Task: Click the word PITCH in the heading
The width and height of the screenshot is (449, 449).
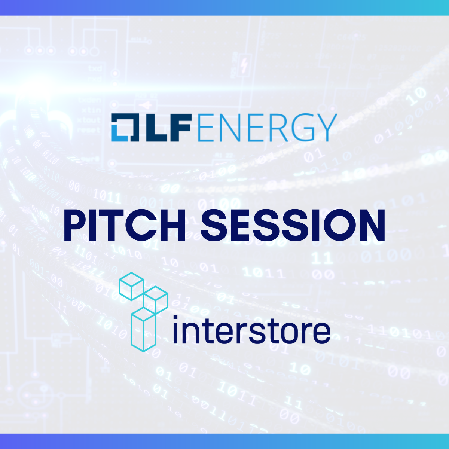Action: pyautogui.click(x=124, y=225)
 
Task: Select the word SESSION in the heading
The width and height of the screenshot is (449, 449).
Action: pyautogui.click(x=293, y=225)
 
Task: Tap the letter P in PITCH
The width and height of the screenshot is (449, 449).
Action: pyautogui.click(x=76, y=225)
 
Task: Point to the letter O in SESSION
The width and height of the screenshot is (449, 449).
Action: pyautogui.click(x=336, y=225)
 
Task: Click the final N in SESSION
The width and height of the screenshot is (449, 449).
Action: pyautogui.click(x=371, y=225)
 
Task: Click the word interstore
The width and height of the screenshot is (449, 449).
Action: pyautogui.click(x=252, y=329)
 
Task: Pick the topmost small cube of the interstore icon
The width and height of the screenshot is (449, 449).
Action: pyautogui.click(x=131, y=287)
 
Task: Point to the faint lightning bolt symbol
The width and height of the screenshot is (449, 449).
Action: pyautogui.click(x=245, y=65)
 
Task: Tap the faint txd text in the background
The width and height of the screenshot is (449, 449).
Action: pyautogui.click(x=95, y=68)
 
